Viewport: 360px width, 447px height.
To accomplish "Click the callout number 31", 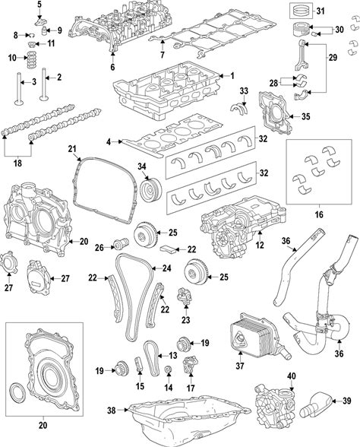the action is point(321,11).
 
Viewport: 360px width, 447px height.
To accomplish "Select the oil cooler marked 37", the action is point(257,336).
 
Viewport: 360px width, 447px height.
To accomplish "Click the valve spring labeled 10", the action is point(32,59).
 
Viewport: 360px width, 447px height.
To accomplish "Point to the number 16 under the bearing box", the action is point(319,214).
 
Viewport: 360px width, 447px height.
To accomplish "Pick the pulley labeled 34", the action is point(151,189).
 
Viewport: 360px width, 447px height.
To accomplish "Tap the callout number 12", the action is point(260,245).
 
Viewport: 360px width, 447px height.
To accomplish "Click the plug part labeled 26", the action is point(122,244).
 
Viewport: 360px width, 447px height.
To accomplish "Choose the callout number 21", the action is point(72,148).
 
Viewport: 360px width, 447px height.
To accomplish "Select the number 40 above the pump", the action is point(292,376).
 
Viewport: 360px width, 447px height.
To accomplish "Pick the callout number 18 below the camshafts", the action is point(17,163).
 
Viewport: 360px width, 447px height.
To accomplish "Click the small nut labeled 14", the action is point(169,369).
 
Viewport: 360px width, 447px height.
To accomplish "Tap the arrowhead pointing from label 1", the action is point(222,76).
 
